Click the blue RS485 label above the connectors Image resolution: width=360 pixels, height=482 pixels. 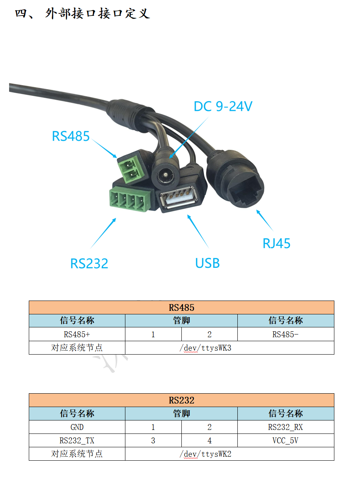[x=71, y=136]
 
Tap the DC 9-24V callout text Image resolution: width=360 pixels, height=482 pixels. [x=222, y=106]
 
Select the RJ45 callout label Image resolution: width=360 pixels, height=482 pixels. [x=276, y=243]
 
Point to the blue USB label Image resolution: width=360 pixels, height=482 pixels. [x=207, y=263]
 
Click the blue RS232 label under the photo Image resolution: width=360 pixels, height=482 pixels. [x=89, y=263]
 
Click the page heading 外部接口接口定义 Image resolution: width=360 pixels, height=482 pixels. [x=82, y=14]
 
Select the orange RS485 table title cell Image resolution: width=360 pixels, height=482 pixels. [x=181, y=307]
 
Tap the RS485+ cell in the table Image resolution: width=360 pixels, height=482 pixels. [x=77, y=334]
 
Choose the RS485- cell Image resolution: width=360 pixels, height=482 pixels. [x=285, y=334]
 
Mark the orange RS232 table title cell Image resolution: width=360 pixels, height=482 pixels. [x=181, y=400]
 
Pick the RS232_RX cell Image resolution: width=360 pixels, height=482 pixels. [x=285, y=427]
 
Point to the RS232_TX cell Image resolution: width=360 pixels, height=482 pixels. [x=77, y=441]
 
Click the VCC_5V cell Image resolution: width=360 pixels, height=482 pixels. [x=285, y=441]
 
